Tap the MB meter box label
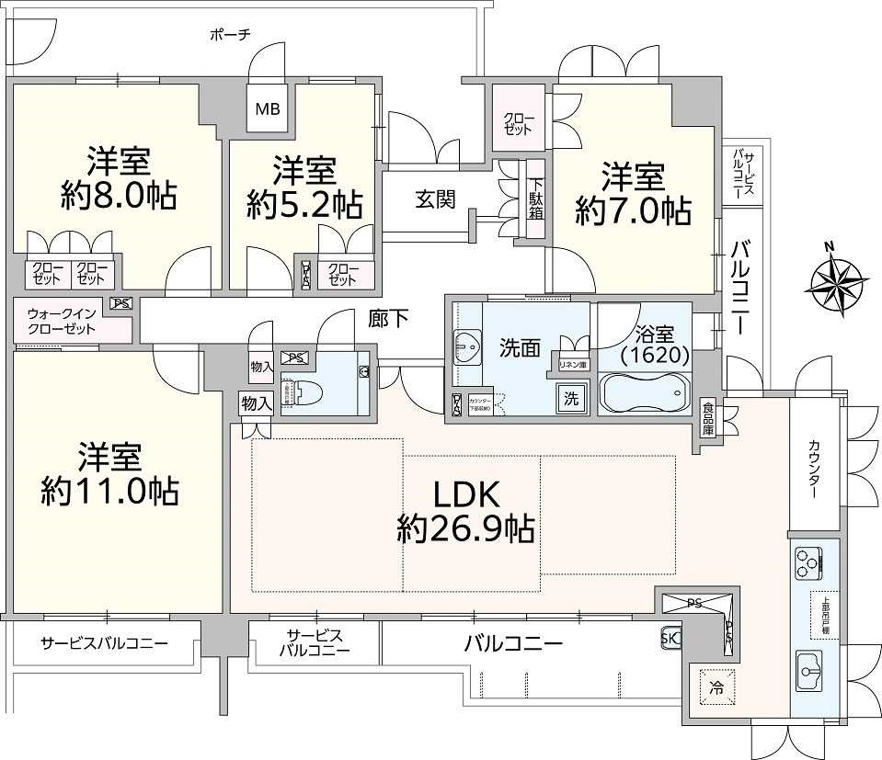[x=268, y=109]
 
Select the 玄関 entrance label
[x=434, y=199]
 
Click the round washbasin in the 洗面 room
[x=468, y=347]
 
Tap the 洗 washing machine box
[x=570, y=399]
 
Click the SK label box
[x=670, y=636]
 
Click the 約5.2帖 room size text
[x=304, y=204]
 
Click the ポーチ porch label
[x=230, y=35]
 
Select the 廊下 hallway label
[x=387, y=318]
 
